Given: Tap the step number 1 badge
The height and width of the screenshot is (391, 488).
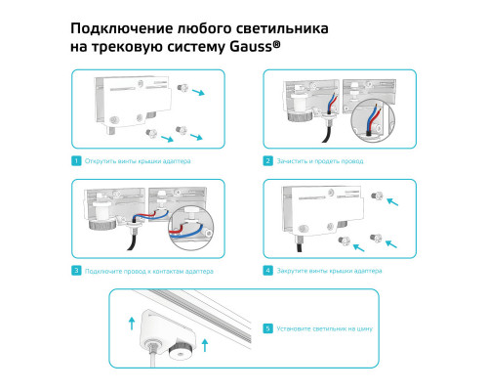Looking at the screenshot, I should (x=76, y=160).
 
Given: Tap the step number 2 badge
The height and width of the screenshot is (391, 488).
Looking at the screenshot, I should (x=267, y=160).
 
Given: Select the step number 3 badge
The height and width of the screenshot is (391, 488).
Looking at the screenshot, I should (x=76, y=270).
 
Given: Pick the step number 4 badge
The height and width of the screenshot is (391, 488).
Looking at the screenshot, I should (x=267, y=270).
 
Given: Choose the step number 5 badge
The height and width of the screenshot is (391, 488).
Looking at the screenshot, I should (x=268, y=329).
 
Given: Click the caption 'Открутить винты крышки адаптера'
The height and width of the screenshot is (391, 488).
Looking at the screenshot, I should (x=138, y=160).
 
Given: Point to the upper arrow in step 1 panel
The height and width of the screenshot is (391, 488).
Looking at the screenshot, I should (x=199, y=93).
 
